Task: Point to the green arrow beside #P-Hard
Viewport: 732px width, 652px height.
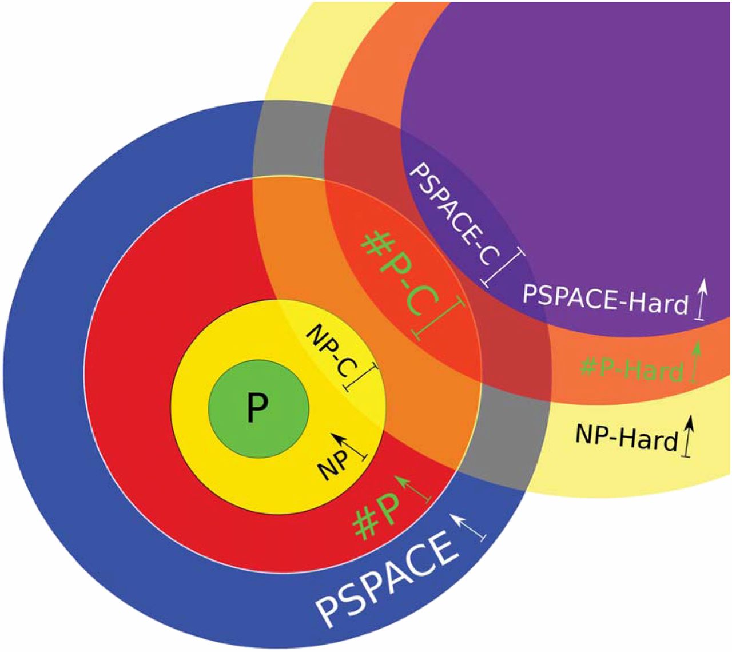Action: coord(695,361)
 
